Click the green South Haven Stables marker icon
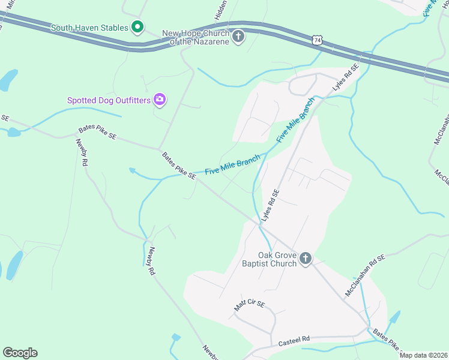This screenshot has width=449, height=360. pos(137,27)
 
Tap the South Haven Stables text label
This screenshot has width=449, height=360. pos(89,28)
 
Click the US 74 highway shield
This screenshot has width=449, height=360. pos(317,40)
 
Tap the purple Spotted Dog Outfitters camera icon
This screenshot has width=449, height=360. pos(159,100)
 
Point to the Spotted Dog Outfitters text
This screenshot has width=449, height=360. pos(109,100)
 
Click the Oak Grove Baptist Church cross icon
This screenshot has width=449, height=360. pos(306,259)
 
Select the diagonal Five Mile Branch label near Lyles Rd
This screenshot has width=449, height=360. pos(295,120)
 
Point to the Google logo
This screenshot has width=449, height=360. pos(20,353)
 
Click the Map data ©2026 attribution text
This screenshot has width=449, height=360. pos(423,355)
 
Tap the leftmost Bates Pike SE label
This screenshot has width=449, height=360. pos(97,134)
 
